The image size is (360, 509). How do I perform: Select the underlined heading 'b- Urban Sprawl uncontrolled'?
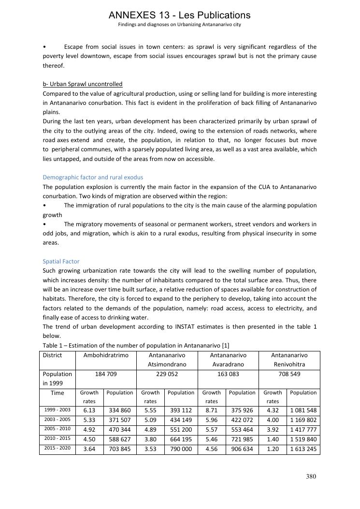click(83, 84)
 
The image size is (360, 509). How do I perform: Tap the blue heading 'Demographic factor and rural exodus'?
click(93, 177)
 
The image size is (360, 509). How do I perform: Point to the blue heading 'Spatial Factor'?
click(61, 262)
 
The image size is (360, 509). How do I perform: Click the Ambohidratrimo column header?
click(106, 355)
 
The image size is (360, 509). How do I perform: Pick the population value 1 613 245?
click(303, 449)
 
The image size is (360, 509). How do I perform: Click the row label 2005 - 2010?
click(58, 429)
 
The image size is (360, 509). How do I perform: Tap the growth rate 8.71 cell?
click(212, 410)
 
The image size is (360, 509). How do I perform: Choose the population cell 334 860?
click(119, 410)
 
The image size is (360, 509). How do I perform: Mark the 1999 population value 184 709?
click(106, 374)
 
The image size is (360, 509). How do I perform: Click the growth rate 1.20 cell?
click(273, 449)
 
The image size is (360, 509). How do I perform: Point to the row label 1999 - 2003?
click(58, 410)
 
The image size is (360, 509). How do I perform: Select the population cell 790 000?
click(181, 449)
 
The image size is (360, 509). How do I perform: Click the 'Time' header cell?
click(58, 393)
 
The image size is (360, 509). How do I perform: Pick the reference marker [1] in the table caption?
click(225, 345)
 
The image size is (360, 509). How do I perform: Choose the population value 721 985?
click(242, 439)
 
